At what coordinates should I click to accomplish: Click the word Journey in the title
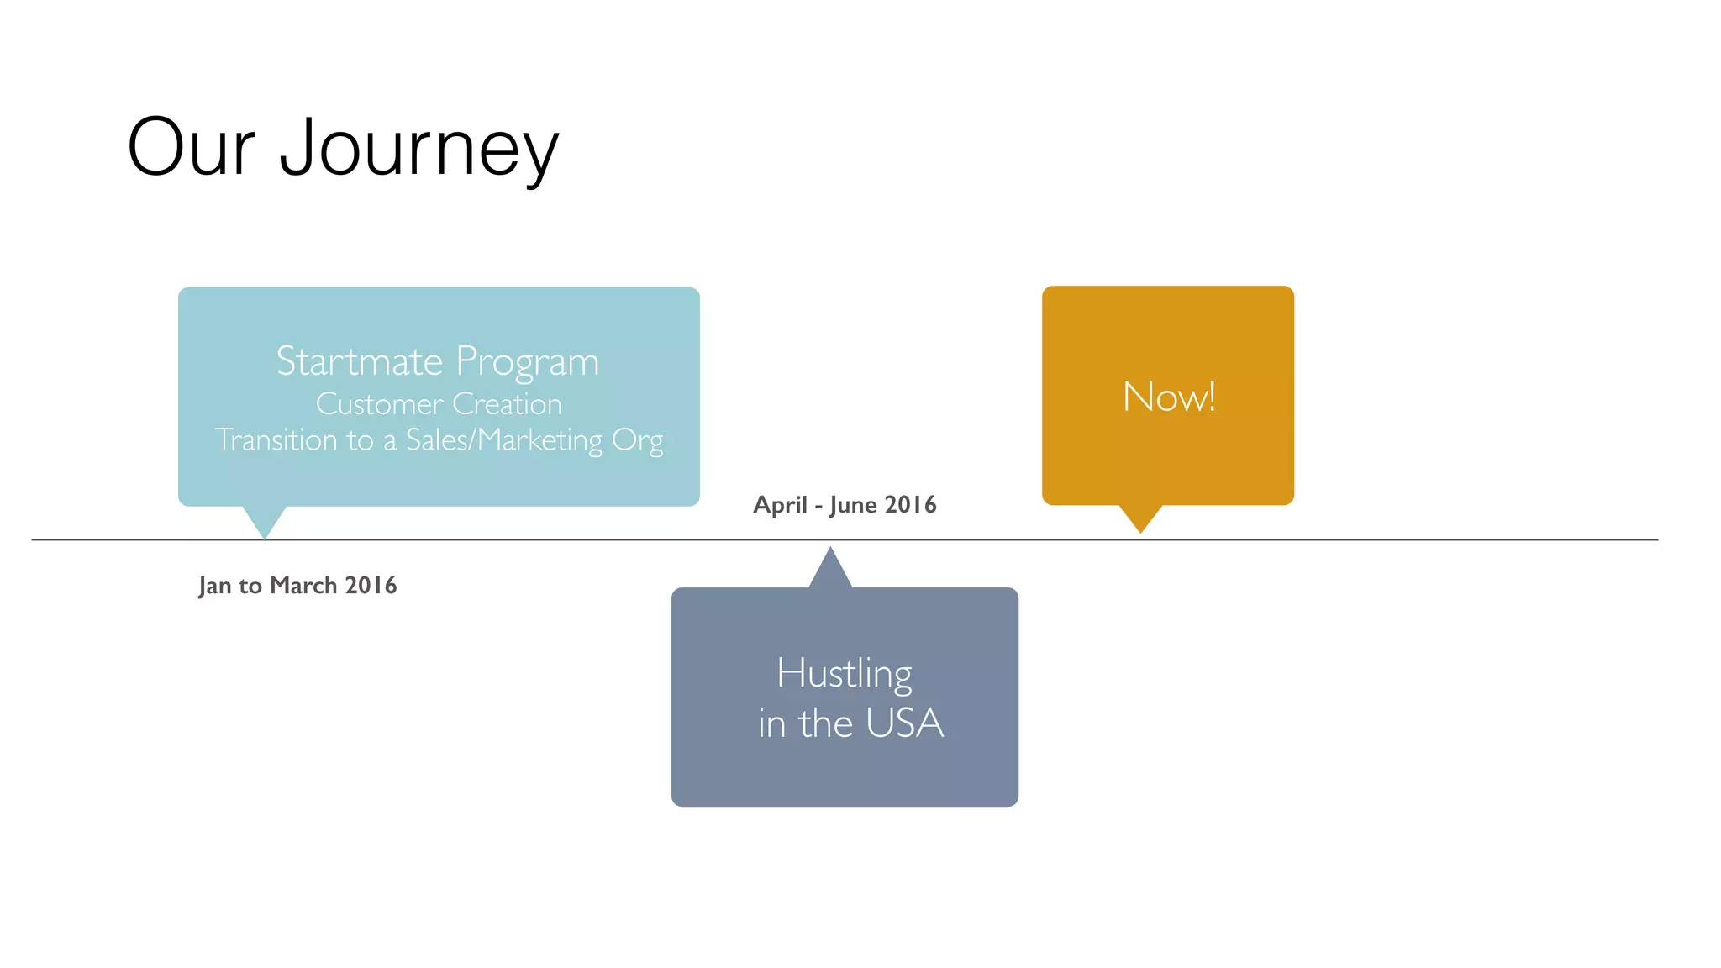418,148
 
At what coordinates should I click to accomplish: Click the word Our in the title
191,148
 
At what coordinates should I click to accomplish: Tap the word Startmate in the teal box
359,361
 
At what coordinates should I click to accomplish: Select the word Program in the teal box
527,361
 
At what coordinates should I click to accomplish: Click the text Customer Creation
439,404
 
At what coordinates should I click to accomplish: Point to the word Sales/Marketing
504,439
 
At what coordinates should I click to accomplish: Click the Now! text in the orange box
1169,396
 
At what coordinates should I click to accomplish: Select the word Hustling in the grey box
844,673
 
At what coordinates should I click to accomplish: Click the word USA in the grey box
904,723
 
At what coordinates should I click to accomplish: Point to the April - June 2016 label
845,504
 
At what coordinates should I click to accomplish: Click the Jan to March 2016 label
297,585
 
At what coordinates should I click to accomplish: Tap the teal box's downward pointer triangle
265,520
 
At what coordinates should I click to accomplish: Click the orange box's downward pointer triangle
1140,517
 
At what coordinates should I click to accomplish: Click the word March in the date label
303,585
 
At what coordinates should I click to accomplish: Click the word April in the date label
779,505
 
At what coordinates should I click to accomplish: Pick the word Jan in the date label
214,586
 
